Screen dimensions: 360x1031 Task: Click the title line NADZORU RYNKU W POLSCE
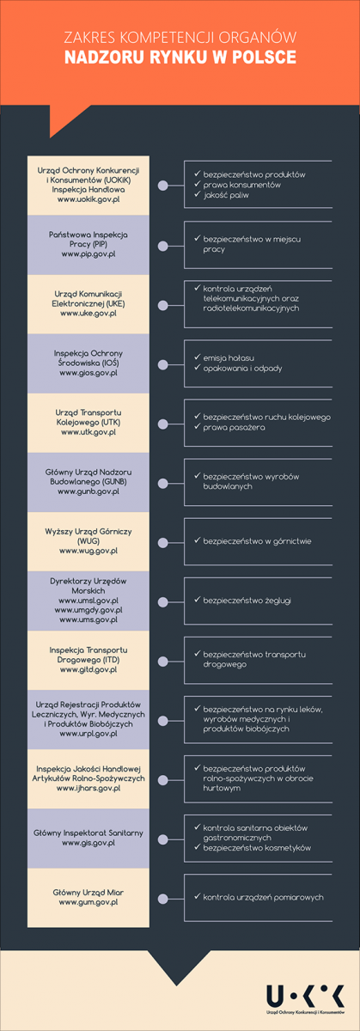[180, 57]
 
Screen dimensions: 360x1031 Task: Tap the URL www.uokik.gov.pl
[88, 199]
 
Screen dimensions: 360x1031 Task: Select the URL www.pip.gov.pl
[88, 253]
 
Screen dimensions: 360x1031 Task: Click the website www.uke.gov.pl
[88, 313]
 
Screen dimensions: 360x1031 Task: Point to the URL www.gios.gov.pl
[88, 372]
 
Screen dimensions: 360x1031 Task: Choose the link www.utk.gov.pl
[88, 431]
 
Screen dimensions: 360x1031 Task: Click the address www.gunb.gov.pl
[88, 491]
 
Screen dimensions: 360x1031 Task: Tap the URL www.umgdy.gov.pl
[88, 610]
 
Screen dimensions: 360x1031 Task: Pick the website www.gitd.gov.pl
[88, 669]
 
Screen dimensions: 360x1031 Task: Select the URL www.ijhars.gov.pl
[88, 788]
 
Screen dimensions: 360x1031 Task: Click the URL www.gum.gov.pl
[88, 902]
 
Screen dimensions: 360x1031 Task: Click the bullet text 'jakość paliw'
[226, 195]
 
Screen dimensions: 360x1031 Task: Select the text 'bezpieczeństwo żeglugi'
[247, 601]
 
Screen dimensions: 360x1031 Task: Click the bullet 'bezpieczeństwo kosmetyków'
[257, 847]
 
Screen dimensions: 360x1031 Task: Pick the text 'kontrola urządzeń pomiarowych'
[263, 897]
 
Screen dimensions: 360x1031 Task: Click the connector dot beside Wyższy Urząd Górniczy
[162, 543]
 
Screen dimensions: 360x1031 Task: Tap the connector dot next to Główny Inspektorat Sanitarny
[162, 839]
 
